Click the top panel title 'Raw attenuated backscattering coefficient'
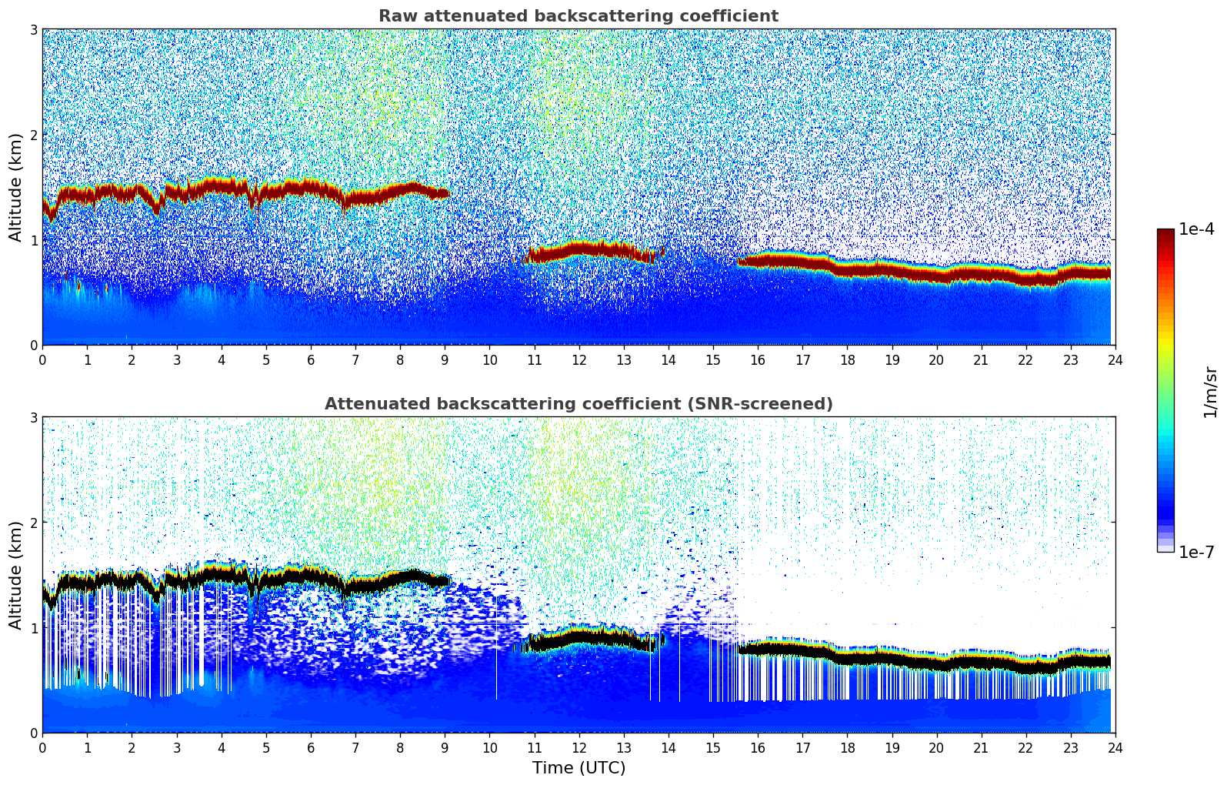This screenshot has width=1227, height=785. pyautogui.click(x=578, y=16)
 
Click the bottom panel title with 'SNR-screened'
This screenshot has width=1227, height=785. pyautogui.click(x=578, y=404)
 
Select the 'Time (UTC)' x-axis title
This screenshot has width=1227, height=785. pyautogui.click(x=578, y=768)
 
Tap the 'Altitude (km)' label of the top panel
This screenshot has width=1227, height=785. pyautogui.click(x=15, y=187)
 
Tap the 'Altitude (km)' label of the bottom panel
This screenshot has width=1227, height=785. pyautogui.click(x=15, y=575)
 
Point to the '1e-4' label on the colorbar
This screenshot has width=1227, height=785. pyautogui.click(x=1196, y=229)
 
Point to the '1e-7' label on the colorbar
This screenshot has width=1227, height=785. pyautogui.click(x=1196, y=552)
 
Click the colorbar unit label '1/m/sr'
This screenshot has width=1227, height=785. pyautogui.click(x=1210, y=392)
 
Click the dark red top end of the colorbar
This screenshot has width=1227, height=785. pyautogui.click(x=1165, y=233)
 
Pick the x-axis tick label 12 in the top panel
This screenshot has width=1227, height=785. pyautogui.click(x=578, y=359)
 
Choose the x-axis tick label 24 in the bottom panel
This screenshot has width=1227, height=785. pyautogui.click(x=1115, y=747)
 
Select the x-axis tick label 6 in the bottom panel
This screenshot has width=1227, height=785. pyautogui.click(x=311, y=747)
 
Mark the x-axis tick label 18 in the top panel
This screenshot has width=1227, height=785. pyautogui.click(x=847, y=359)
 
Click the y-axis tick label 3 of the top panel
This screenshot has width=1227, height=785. pyautogui.click(x=33, y=30)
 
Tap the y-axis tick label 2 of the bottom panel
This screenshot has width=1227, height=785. pyautogui.click(x=33, y=523)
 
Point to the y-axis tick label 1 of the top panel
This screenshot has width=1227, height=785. pyautogui.click(x=33, y=240)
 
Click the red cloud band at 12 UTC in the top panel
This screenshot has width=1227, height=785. pyautogui.click(x=578, y=249)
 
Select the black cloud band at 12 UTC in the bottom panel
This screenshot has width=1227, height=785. pyautogui.click(x=578, y=637)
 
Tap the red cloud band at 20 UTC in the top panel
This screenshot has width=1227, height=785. pyautogui.click(x=936, y=274)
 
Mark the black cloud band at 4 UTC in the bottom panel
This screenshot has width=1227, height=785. pyautogui.click(x=222, y=575)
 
